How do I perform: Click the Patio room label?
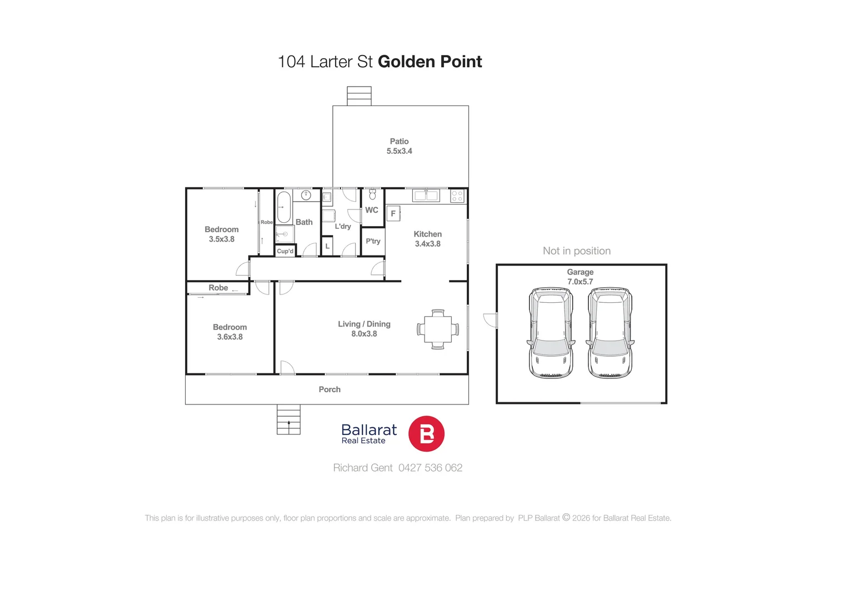(x=399, y=146)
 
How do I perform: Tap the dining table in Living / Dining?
(x=438, y=329)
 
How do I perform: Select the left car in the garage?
(x=550, y=333)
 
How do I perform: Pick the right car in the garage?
(x=610, y=333)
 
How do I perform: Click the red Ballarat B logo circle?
(x=426, y=434)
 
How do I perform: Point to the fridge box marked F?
(x=393, y=213)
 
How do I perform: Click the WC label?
(x=372, y=210)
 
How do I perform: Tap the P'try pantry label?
(x=373, y=241)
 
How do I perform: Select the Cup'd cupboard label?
(x=285, y=251)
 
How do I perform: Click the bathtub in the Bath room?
(x=284, y=207)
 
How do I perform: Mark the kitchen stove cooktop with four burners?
(x=457, y=196)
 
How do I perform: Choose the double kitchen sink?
(x=426, y=195)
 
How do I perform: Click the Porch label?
(x=329, y=389)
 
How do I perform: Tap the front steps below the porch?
(x=288, y=419)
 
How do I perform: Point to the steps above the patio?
(x=359, y=96)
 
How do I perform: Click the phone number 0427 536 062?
(x=430, y=468)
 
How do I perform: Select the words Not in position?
(x=577, y=251)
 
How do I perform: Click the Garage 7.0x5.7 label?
(x=580, y=277)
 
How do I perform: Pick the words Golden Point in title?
(x=430, y=62)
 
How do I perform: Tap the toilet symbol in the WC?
(x=372, y=194)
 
